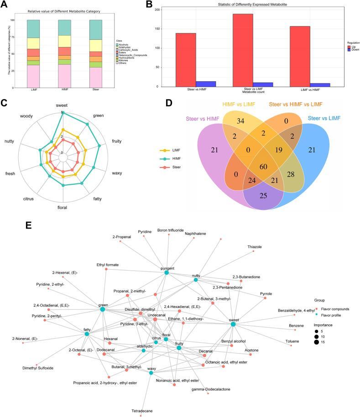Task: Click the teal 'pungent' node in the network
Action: (x=167, y=273)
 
